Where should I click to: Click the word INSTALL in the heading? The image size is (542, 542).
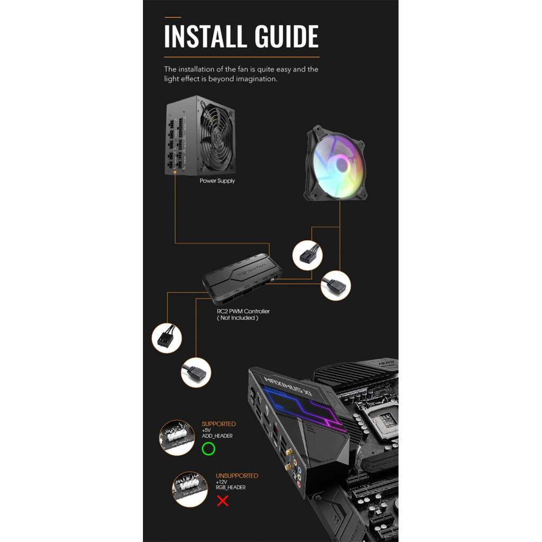coord(206,37)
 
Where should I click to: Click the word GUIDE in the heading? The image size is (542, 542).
coord(286,37)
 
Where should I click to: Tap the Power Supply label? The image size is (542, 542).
coord(217,181)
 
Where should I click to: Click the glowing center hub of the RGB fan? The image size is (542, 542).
coord(341,164)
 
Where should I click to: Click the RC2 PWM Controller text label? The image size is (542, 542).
coord(243,311)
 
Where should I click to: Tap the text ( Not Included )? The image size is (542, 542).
coord(238,318)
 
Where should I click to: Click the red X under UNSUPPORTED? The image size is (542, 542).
coord(223,501)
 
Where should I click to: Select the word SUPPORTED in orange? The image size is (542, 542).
coord(219,424)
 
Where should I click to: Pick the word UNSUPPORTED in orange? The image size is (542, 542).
coord(237,476)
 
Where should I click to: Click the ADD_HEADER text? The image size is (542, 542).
coord(217,436)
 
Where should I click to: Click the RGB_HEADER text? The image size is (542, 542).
coord(231,487)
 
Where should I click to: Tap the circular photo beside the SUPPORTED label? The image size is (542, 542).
coord(177,438)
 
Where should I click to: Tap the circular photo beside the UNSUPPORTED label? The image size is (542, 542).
coord(190,489)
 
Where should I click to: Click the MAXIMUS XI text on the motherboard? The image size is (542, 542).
coord(288,386)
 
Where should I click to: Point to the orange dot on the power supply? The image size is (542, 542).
coord(175,172)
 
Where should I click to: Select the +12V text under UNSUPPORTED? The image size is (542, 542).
coord(221,482)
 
